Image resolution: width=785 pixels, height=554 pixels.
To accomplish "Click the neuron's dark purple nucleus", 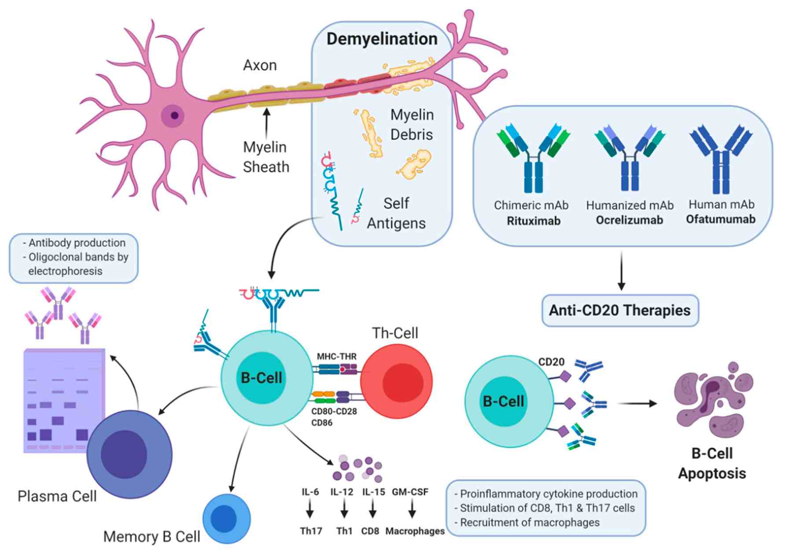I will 175,115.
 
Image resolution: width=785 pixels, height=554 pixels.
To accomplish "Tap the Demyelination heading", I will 382,39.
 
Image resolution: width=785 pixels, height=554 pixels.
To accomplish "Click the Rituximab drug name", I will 533,221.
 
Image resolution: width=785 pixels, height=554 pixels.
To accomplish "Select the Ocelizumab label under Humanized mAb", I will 629,220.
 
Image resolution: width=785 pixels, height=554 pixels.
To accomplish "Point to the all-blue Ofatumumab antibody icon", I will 721,159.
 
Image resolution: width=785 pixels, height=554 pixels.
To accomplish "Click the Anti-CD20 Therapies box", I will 619,310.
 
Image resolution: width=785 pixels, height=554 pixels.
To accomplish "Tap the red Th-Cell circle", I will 396,382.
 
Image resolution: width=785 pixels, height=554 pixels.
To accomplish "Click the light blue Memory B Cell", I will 226,519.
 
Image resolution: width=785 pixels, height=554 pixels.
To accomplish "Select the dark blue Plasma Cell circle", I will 129,454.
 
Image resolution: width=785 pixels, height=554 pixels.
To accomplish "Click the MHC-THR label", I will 336,356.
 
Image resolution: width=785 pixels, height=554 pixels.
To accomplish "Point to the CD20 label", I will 551,362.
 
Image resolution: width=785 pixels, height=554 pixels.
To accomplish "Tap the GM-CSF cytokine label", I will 410,492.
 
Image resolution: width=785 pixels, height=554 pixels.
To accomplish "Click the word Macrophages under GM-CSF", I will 415,531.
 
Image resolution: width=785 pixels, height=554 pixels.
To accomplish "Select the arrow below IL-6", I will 310,510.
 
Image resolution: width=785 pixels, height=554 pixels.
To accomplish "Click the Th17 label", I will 311,531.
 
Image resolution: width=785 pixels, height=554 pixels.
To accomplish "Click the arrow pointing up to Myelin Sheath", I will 266,123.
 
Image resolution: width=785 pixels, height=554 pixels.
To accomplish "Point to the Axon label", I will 260,65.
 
